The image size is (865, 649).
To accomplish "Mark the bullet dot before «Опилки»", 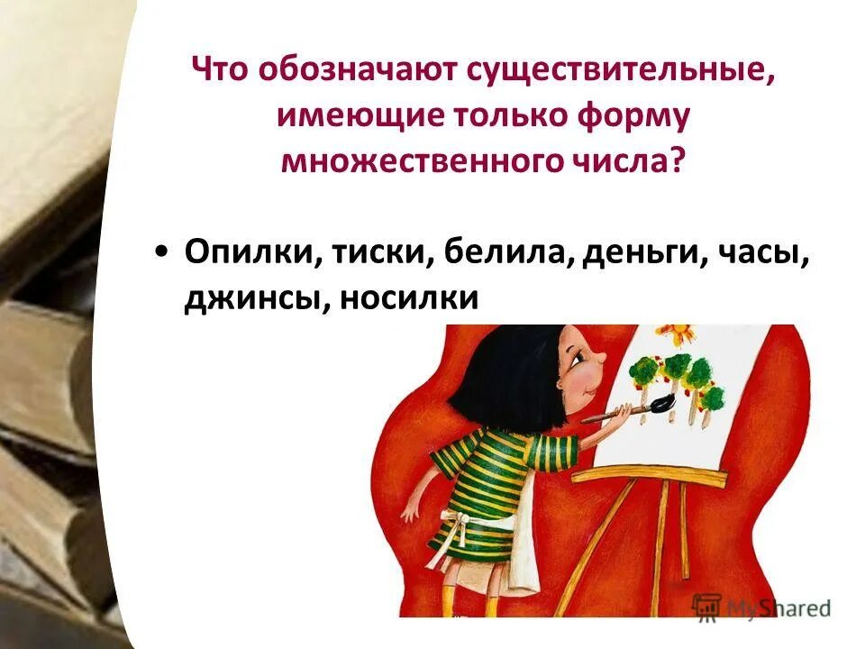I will click(160, 253).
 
